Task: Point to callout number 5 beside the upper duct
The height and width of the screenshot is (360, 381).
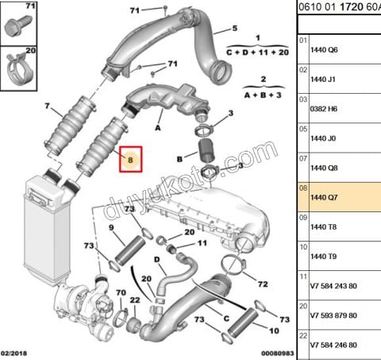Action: (234, 29)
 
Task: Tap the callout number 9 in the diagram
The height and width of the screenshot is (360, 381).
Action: (111, 228)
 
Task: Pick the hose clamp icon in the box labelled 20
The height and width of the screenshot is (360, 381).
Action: (19, 72)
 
